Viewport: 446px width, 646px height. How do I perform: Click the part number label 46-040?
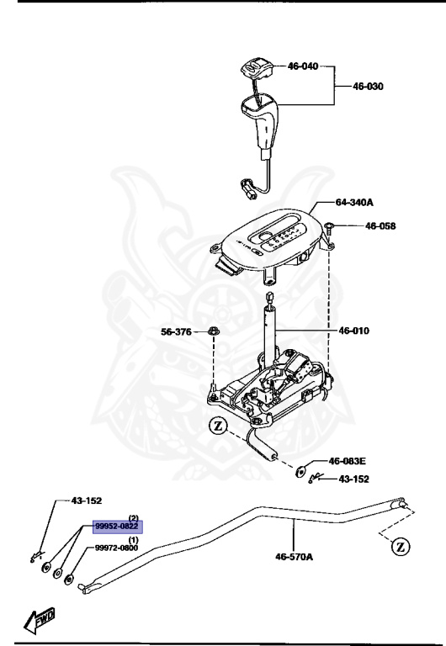point(303,66)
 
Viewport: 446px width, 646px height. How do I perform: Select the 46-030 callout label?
point(368,86)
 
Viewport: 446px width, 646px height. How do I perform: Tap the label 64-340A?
point(354,202)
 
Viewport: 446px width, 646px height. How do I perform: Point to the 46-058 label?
point(380,225)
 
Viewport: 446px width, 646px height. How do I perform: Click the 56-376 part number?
point(176,331)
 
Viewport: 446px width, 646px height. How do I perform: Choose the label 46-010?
point(354,331)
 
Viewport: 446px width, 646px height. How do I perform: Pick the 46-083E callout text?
point(347,461)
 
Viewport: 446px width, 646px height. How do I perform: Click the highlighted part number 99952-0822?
point(118,527)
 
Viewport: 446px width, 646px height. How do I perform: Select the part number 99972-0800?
point(117,548)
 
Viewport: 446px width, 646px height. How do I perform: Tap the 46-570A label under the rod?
point(294,557)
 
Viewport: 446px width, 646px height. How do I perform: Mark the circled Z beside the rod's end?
point(401,547)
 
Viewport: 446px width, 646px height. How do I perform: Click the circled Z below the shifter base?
point(218,426)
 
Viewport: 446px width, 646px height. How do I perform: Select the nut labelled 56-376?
point(214,331)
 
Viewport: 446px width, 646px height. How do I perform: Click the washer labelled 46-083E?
point(300,470)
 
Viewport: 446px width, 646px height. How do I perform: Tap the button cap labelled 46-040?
point(256,69)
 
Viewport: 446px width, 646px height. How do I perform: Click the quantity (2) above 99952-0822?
point(134,517)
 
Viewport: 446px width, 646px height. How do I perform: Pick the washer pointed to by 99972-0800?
point(69,580)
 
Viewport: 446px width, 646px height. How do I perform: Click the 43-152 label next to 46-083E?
point(353,479)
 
